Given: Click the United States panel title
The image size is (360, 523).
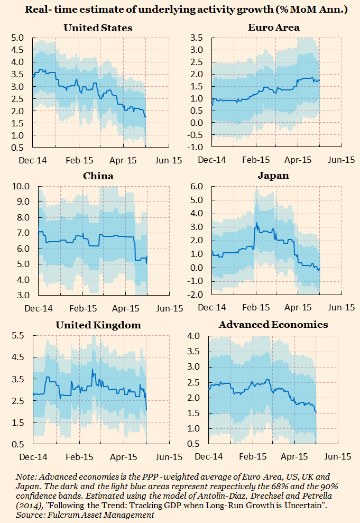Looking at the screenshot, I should click(x=98, y=28).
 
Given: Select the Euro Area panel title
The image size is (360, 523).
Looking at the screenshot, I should click(x=274, y=27).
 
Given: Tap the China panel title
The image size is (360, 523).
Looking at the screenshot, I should click(x=98, y=176).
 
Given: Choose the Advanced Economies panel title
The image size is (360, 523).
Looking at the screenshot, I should click(x=273, y=324).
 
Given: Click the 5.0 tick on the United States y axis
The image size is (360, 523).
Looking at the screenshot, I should click(x=18, y=38).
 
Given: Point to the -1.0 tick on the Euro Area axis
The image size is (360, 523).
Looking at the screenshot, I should click(x=197, y=148).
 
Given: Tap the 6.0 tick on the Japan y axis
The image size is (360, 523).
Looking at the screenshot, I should click(x=197, y=187).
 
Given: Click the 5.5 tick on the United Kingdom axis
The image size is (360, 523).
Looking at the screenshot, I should click(x=18, y=336).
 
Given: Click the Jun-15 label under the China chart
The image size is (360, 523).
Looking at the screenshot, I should click(x=170, y=308).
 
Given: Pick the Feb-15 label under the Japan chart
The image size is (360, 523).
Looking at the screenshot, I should click(x=257, y=307).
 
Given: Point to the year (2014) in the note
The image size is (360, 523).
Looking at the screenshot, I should click(x=29, y=506).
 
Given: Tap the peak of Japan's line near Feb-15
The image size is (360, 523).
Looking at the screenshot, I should click(x=257, y=223).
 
